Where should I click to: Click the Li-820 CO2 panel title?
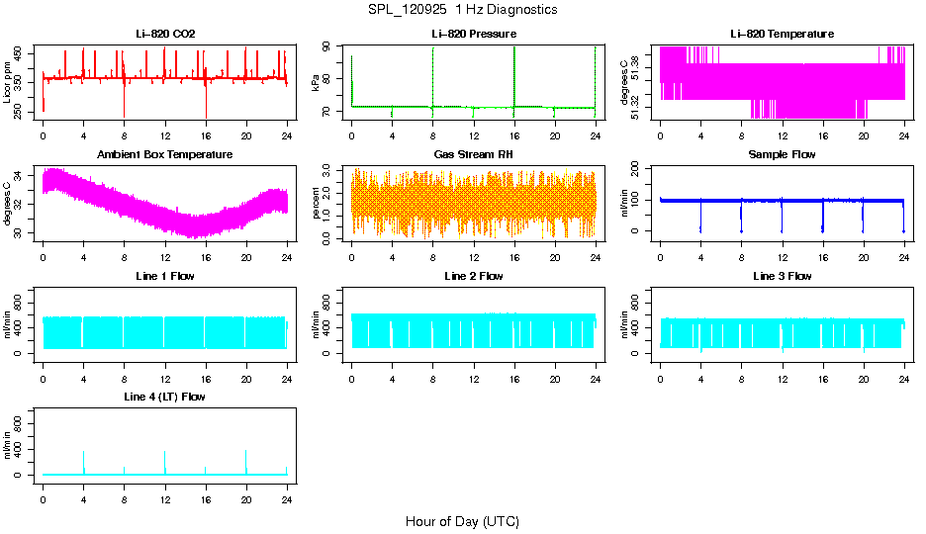[x=165, y=34]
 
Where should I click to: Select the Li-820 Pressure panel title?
[x=473, y=34]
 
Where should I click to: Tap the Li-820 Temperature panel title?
[x=782, y=34]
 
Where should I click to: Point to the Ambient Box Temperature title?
[x=165, y=154]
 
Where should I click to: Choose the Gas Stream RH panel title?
[x=473, y=154]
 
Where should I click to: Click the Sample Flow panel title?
[x=782, y=154]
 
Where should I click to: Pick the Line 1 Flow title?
[x=165, y=276]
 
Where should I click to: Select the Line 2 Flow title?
[x=473, y=276]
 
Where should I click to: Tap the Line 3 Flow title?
[x=782, y=276]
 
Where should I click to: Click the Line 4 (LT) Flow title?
[x=165, y=397]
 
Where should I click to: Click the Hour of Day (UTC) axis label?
[x=462, y=521]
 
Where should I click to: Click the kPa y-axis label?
[x=316, y=83]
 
